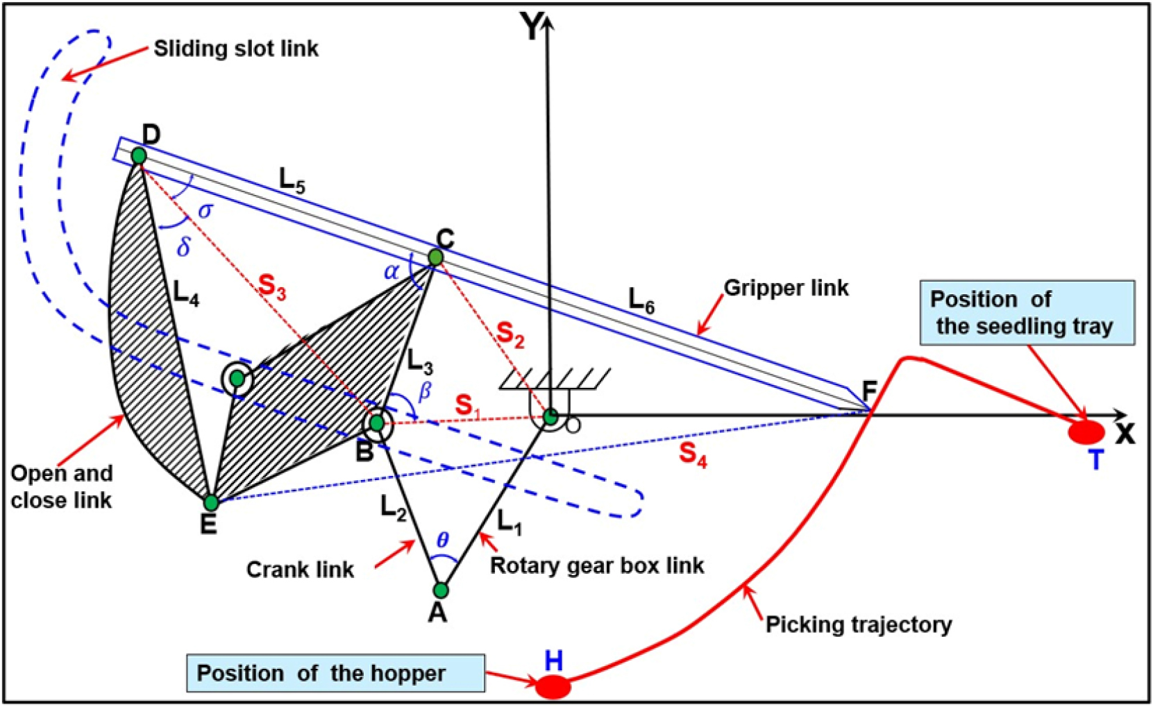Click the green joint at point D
(x=139, y=155)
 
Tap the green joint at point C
(x=435, y=257)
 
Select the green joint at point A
(x=441, y=590)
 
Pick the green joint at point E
(x=211, y=502)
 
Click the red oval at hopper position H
(x=553, y=687)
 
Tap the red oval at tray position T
(x=1086, y=433)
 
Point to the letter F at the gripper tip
(x=870, y=393)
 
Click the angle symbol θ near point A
(x=442, y=540)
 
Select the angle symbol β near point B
(x=425, y=392)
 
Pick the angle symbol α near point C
(x=391, y=271)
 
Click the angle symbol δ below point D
(x=183, y=247)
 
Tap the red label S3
(x=271, y=286)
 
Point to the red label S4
(x=693, y=454)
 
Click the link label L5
(x=292, y=180)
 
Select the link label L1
(x=509, y=522)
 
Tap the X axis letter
(x=1125, y=434)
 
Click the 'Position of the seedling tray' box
(x=1027, y=312)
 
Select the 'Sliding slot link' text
(x=236, y=49)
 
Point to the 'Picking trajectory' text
(x=858, y=624)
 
